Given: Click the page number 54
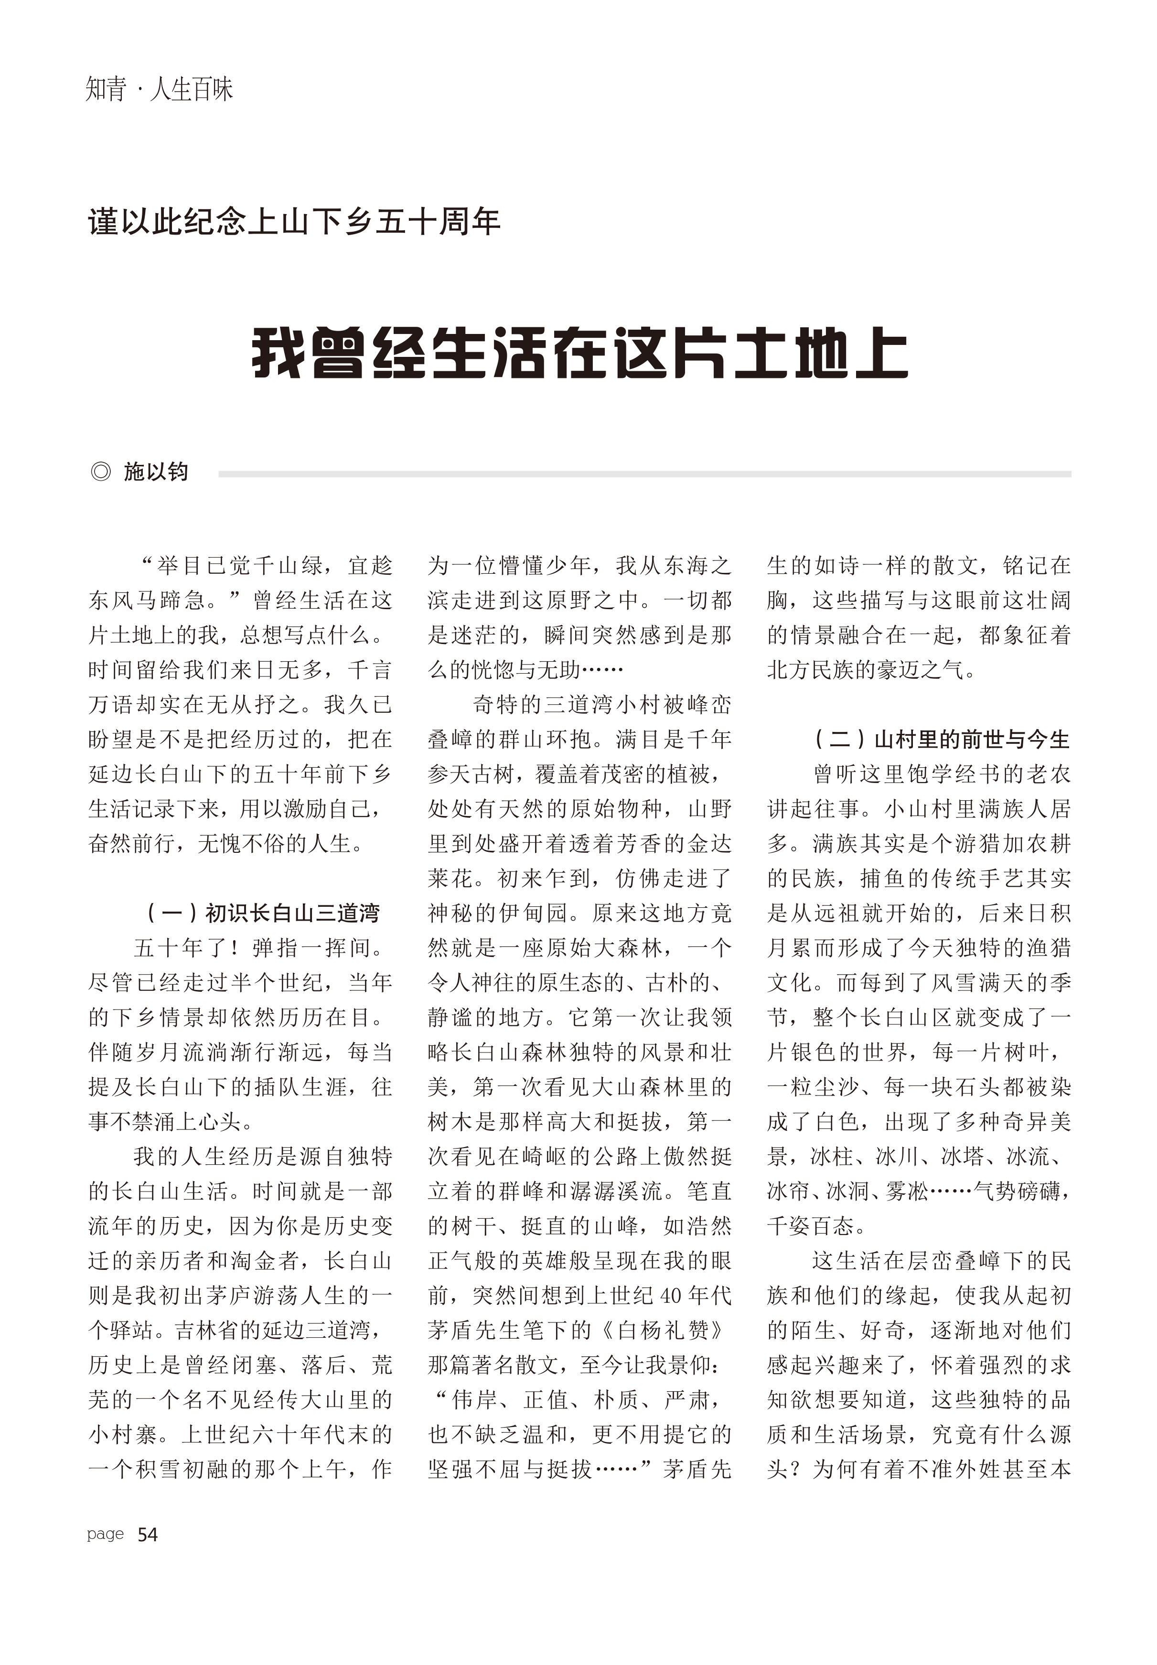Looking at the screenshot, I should point(147,1535).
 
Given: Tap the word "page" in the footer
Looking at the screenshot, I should point(105,1535).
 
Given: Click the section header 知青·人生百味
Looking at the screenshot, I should point(160,90).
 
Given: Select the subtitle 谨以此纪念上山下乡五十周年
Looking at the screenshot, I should point(294,222).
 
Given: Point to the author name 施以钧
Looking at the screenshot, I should point(156,472).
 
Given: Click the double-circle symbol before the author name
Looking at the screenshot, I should point(101,472).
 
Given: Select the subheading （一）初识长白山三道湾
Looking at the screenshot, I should point(262,913).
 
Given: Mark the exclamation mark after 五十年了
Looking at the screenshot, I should point(236,947).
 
